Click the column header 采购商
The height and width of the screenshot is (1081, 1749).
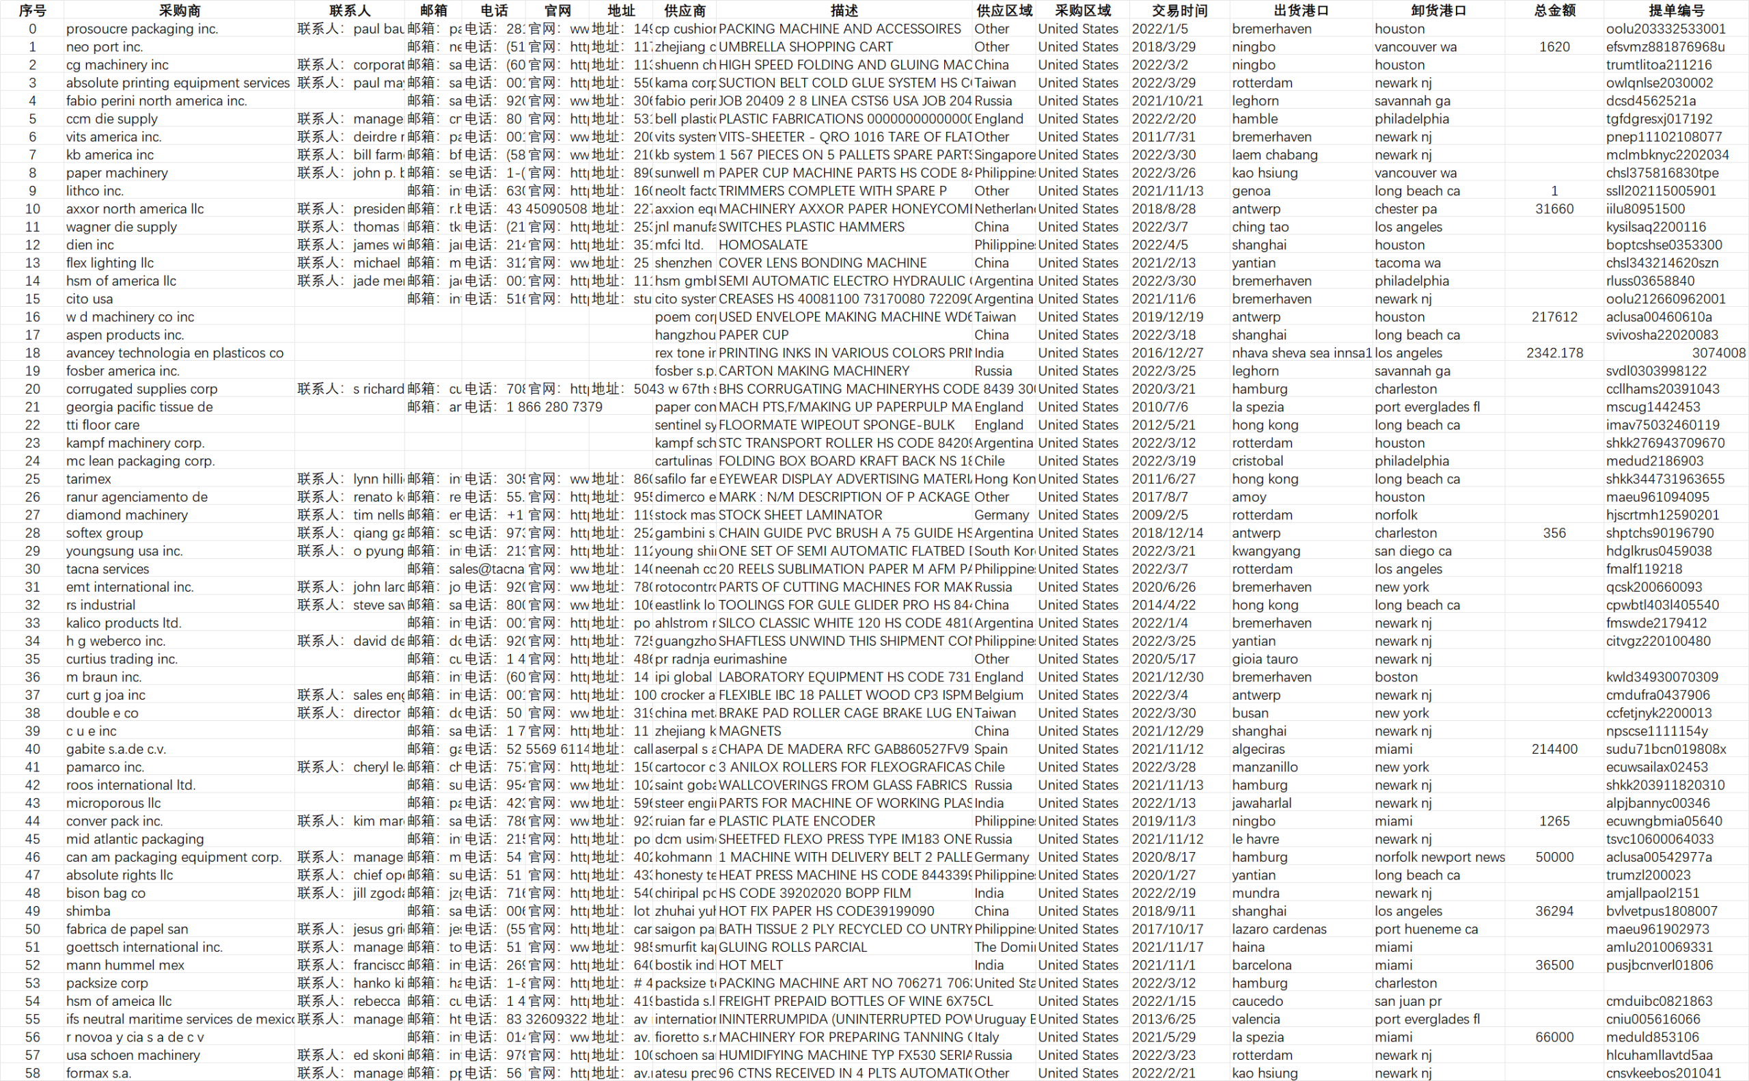point(179,10)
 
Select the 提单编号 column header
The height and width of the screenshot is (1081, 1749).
point(1675,10)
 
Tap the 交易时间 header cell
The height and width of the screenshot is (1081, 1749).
point(1179,10)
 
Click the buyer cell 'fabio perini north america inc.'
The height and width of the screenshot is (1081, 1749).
point(156,101)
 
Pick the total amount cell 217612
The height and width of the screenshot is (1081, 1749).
point(1554,317)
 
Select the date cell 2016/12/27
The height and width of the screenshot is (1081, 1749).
point(1167,353)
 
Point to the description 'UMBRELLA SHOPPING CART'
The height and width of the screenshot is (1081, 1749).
point(805,46)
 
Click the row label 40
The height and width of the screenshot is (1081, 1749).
point(32,748)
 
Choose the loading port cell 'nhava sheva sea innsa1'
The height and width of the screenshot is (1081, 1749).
point(1302,353)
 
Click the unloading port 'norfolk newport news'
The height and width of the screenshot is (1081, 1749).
point(1440,856)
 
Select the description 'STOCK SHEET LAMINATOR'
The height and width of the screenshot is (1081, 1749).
point(800,515)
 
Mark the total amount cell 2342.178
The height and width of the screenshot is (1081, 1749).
point(1554,353)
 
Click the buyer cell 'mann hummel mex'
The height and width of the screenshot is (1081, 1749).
point(125,964)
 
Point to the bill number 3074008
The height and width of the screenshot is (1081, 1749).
point(1718,353)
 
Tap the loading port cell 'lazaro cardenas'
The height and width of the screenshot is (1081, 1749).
point(1279,929)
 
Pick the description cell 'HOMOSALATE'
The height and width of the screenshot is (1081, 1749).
point(762,245)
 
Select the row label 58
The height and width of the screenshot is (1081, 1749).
point(32,1072)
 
